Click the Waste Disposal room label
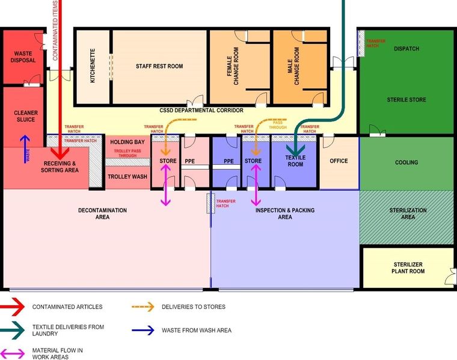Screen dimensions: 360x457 (23, 57)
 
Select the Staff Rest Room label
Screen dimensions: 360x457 (159, 66)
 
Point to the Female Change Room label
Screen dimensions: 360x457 (232, 66)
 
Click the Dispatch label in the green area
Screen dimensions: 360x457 (406, 49)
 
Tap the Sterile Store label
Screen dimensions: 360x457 (406, 99)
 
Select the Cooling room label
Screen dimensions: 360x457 (406, 162)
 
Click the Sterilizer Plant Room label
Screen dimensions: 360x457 (409, 267)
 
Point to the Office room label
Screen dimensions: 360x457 (339, 161)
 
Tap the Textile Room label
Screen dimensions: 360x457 (295, 161)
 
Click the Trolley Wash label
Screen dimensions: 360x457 (127, 177)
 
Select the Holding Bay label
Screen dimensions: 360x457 (127, 142)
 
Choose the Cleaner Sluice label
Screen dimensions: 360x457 (26, 116)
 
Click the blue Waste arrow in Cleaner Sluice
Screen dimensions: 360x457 (25, 149)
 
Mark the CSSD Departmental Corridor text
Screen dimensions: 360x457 (201, 111)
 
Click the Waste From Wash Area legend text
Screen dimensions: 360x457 (196, 330)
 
